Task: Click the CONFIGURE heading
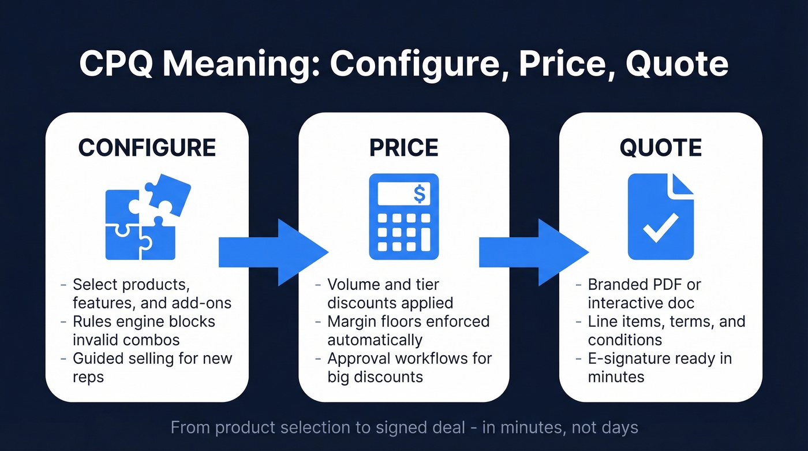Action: point(147,147)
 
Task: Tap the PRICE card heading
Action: point(403,147)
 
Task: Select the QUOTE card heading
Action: point(660,147)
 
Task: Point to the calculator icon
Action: point(403,217)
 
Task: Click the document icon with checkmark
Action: point(660,217)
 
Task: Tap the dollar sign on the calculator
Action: point(420,194)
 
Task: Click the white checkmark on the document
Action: point(660,228)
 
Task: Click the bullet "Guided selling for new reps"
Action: point(152,367)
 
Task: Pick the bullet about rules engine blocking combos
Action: point(144,330)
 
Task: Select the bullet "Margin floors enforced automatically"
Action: point(408,330)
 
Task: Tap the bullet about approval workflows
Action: point(409,367)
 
